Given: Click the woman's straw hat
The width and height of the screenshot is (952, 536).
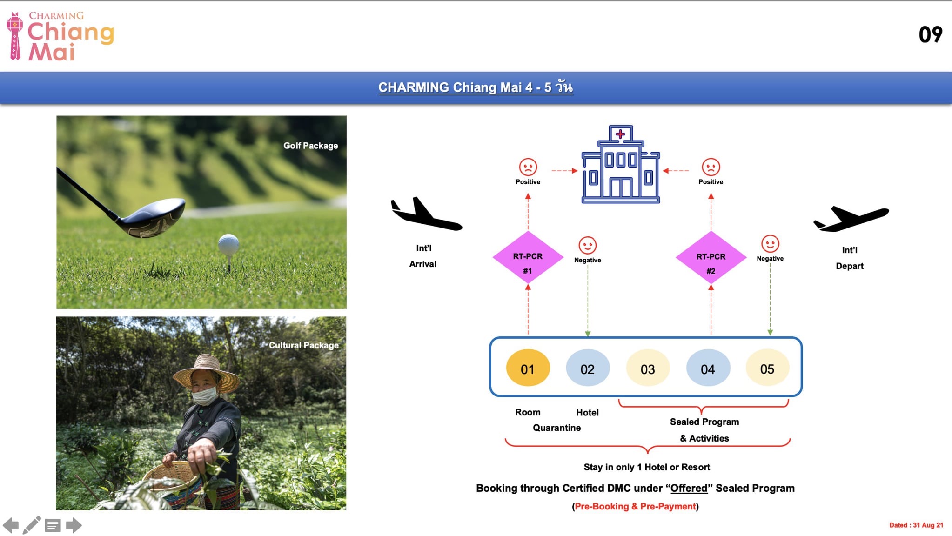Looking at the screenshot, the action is point(207,372).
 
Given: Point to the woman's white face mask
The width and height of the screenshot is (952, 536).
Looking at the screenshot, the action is point(204,395).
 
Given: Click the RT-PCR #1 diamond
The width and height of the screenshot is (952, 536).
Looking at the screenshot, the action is point(528,257).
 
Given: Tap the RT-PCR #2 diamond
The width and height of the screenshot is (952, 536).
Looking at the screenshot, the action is point(711,257).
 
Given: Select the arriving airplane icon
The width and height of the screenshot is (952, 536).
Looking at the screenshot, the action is point(426,214).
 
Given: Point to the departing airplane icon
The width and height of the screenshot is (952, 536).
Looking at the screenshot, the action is point(851,218).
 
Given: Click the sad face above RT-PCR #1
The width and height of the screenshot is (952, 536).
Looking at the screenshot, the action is point(528,167).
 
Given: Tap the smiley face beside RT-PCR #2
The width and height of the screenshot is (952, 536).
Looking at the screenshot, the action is point(770,243).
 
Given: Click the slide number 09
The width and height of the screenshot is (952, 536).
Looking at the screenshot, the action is point(930,34).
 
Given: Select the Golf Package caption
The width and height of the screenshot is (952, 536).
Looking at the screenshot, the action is point(310,146).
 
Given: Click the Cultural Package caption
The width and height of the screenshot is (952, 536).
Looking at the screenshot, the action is point(303,345).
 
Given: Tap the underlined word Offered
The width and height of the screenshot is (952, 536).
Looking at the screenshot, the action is point(689,488).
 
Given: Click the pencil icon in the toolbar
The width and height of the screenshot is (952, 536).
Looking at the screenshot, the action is point(32,525).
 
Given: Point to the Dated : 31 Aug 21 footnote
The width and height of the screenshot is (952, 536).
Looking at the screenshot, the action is point(916,525).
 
